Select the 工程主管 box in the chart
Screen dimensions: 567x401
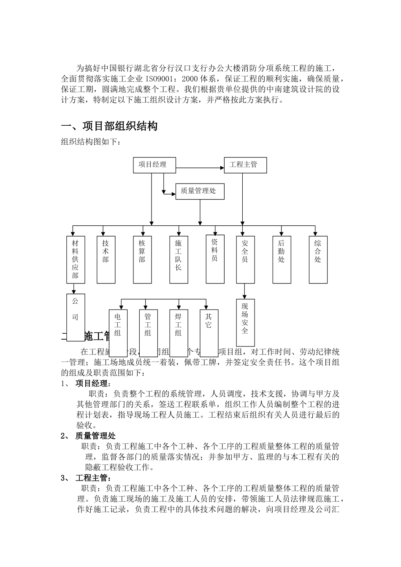coord(245,165)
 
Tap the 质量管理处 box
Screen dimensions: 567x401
coord(200,191)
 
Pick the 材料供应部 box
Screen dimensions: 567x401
coord(76,259)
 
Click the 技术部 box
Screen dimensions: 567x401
coord(106,259)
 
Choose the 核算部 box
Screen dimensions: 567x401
coord(142,259)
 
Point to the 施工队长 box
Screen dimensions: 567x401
coord(179,259)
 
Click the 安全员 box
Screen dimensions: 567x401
coord(245,259)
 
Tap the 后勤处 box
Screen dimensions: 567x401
coord(282,259)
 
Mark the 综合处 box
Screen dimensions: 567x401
coord(318,259)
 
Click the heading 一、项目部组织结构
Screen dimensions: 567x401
coord(109,126)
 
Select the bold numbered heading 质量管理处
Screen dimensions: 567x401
coord(95,436)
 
